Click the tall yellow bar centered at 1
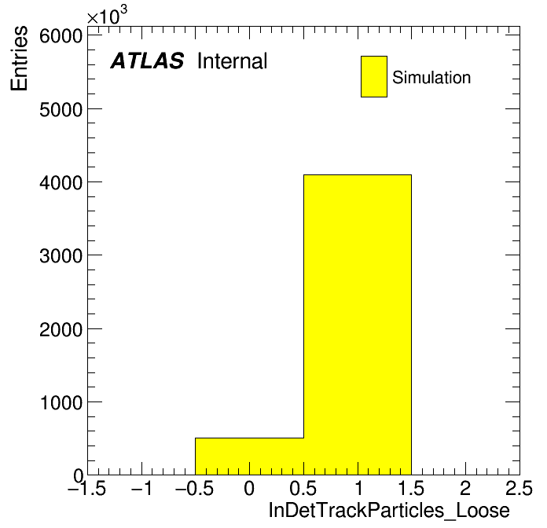click(x=358, y=324)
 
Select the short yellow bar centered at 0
click(x=249, y=456)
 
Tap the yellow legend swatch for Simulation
click(x=374, y=76)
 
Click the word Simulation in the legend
click(x=431, y=77)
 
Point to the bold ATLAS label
click(x=147, y=60)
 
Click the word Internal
click(x=233, y=60)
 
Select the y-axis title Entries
click(x=19, y=58)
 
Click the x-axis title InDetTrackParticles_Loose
click(x=389, y=511)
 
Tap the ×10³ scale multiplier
click(x=107, y=15)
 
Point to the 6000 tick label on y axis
click(x=61, y=35)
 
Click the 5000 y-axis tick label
click(x=61, y=110)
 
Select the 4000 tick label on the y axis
click(x=61, y=183)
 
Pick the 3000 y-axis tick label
click(x=61, y=256)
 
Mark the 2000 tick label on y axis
click(x=61, y=329)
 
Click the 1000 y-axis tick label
click(x=61, y=402)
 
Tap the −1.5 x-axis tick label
click(x=86, y=488)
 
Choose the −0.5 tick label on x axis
click(x=194, y=488)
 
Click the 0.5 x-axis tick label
click(x=303, y=488)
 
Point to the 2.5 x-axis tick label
click(x=519, y=488)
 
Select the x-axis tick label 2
click(x=465, y=488)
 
